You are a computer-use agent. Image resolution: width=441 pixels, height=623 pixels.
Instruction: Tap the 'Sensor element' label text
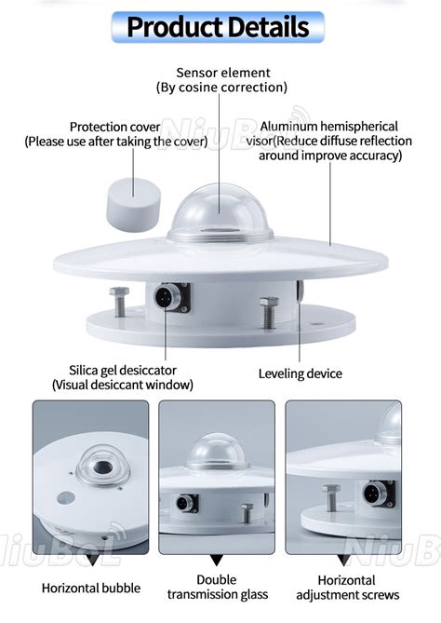point(223,73)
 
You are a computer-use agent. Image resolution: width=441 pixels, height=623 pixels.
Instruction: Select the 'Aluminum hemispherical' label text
point(329,126)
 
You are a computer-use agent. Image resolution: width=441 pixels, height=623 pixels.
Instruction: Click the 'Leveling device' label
point(300,373)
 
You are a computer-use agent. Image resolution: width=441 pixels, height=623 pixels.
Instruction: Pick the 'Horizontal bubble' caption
point(91,588)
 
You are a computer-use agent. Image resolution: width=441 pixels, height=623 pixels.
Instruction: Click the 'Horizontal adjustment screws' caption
point(346,587)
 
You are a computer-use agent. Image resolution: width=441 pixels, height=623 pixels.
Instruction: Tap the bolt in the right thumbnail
point(331,497)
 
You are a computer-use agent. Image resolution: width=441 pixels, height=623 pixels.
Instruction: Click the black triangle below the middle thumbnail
point(217,560)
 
